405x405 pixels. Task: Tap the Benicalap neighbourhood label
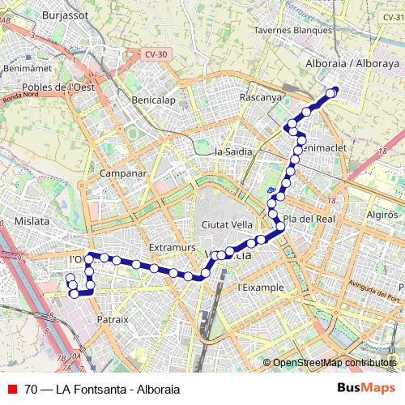[154, 100]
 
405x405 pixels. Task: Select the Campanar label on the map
[122, 173]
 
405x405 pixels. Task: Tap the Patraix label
[113, 319]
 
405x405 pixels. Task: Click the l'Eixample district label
[261, 287]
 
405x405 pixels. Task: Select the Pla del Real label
[309, 219]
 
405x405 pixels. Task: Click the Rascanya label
[260, 97]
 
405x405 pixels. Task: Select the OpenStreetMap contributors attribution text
[335, 363]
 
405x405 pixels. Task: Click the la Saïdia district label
[234, 151]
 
